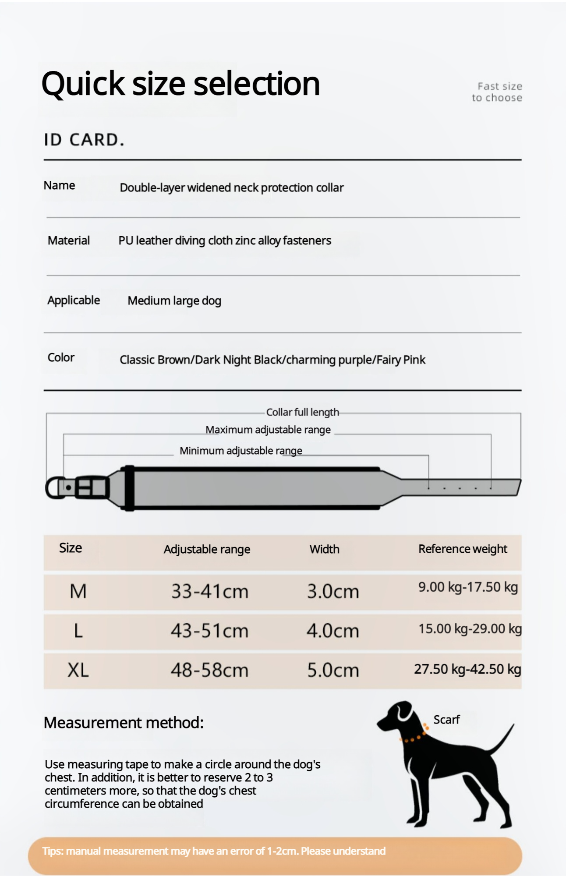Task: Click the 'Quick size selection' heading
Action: [x=180, y=84]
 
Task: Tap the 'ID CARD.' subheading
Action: [x=84, y=140]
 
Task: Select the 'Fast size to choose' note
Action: [x=497, y=92]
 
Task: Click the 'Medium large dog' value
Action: [x=174, y=301]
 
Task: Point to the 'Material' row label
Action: [x=69, y=240]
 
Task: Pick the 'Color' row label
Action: [x=61, y=357]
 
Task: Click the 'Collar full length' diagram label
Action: [x=302, y=412]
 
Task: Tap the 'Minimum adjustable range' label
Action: [x=241, y=451]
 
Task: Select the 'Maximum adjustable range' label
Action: [x=268, y=430]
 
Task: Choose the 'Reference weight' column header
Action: [x=463, y=549]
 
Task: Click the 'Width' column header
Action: [x=324, y=549]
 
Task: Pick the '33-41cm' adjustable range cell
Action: [x=209, y=591]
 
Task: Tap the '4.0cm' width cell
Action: [x=333, y=631]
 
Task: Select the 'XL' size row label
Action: [x=78, y=670]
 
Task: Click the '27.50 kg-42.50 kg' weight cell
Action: [x=467, y=669]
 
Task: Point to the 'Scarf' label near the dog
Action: [x=446, y=720]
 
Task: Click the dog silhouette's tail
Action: [x=503, y=740]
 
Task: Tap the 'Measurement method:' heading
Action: [x=124, y=723]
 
